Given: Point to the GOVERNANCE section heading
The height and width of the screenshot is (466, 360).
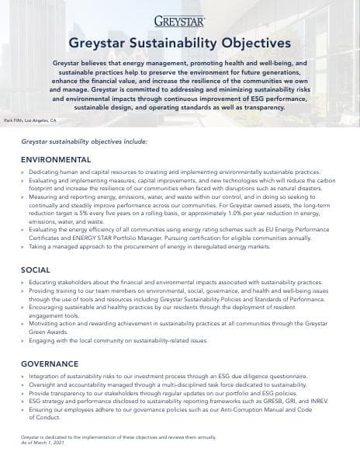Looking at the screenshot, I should (x=50, y=363).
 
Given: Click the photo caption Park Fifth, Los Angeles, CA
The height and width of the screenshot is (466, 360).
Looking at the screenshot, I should (x=30, y=120).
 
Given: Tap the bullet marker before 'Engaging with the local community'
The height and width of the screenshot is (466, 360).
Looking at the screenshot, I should (x=22, y=340).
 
